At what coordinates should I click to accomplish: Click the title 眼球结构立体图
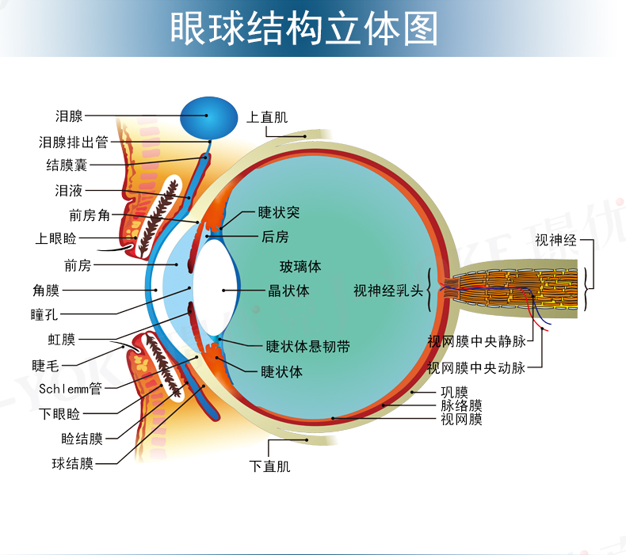click(304, 29)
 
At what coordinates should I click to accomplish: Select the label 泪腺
click(70, 116)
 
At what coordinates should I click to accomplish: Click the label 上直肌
click(267, 117)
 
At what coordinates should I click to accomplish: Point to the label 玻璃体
click(300, 266)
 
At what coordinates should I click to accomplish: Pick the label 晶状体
click(288, 291)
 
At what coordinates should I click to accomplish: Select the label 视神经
click(555, 240)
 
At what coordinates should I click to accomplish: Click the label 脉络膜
click(461, 405)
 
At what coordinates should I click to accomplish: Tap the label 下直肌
click(269, 466)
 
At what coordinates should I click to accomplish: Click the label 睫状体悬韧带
click(307, 346)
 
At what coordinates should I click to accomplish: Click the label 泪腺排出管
click(74, 143)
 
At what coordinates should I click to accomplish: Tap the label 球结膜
click(73, 463)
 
